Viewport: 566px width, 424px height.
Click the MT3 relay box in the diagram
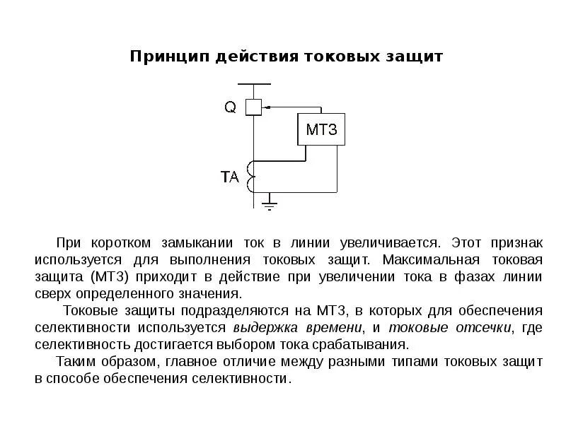(x=322, y=129)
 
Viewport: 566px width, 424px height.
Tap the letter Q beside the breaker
(x=231, y=107)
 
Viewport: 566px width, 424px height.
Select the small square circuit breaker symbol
(x=253, y=107)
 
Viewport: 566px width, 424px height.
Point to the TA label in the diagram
(x=231, y=177)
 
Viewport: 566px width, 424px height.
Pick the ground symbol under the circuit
(x=270, y=205)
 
